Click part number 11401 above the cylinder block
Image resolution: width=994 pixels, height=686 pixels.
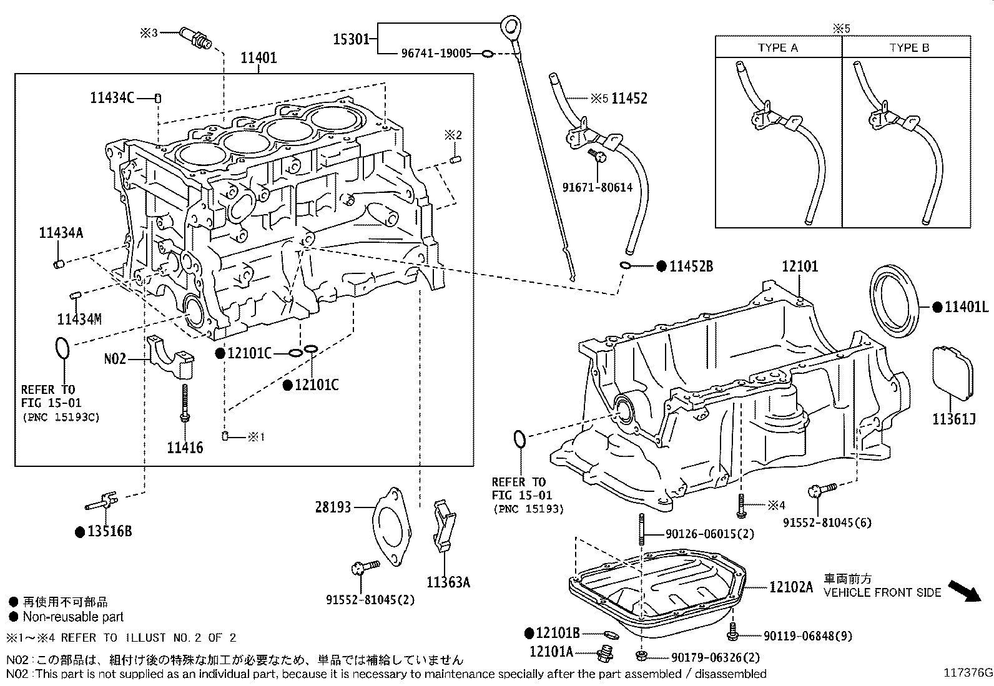[259, 58]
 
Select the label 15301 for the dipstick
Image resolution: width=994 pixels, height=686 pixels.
[350, 39]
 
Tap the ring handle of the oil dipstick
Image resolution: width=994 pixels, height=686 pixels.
[512, 27]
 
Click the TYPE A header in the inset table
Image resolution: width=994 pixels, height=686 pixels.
[777, 47]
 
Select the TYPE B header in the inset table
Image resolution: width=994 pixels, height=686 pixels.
[908, 47]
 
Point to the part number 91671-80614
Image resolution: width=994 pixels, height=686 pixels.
[597, 187]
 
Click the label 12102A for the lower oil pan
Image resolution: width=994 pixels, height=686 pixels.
[791, 587]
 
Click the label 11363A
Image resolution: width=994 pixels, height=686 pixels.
[448, 582]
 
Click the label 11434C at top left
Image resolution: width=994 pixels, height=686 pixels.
[112, 97]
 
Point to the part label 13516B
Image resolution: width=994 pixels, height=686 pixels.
[109, 532]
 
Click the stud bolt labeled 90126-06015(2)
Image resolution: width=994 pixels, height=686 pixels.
[642, 531]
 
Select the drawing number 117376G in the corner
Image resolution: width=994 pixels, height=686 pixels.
[967, 673]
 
